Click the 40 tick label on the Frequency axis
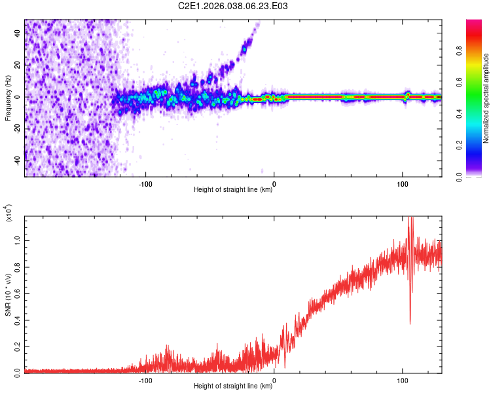click(18, 34)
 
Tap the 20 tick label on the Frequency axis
click(18, 65)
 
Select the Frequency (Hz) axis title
click(8, 97)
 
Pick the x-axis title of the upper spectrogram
click(233, 190)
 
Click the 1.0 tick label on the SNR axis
click(18, 240)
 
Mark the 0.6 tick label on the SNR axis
click(18, 293)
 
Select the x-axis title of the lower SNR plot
click(233, 386)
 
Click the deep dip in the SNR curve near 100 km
click(410, 322)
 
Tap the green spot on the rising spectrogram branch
click(245, 49)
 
